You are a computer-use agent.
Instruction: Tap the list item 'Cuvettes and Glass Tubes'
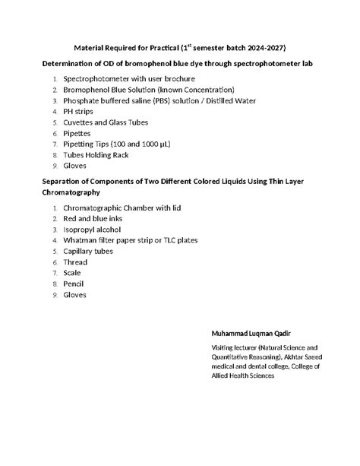pos(106,122)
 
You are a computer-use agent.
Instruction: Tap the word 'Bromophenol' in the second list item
pos(87,90)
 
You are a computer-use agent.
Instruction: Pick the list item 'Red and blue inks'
pos(93,218)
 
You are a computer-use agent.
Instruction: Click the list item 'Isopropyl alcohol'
pos(93,229)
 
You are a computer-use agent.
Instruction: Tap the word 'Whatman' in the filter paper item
pos(82,240)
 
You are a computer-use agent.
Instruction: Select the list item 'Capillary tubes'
pos(90,251)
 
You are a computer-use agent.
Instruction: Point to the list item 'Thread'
pos(76,262)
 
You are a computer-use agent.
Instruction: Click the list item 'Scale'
pos(73,272)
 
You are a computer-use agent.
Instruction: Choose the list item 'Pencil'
pos(74,284)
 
